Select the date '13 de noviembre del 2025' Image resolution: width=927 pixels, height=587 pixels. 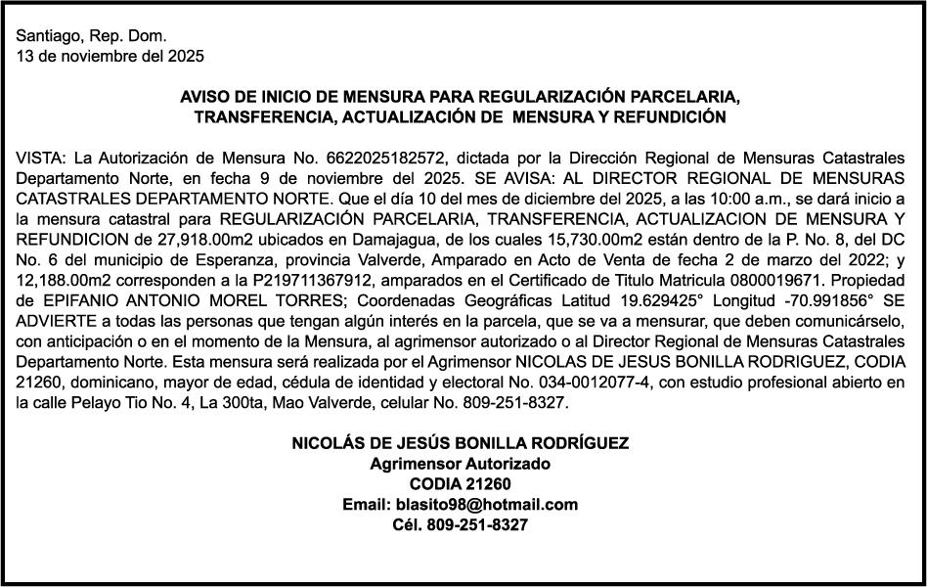pos(110,56)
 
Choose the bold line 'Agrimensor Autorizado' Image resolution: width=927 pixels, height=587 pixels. pos(460,464)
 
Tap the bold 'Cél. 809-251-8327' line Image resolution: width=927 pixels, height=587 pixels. pos(460,525)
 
